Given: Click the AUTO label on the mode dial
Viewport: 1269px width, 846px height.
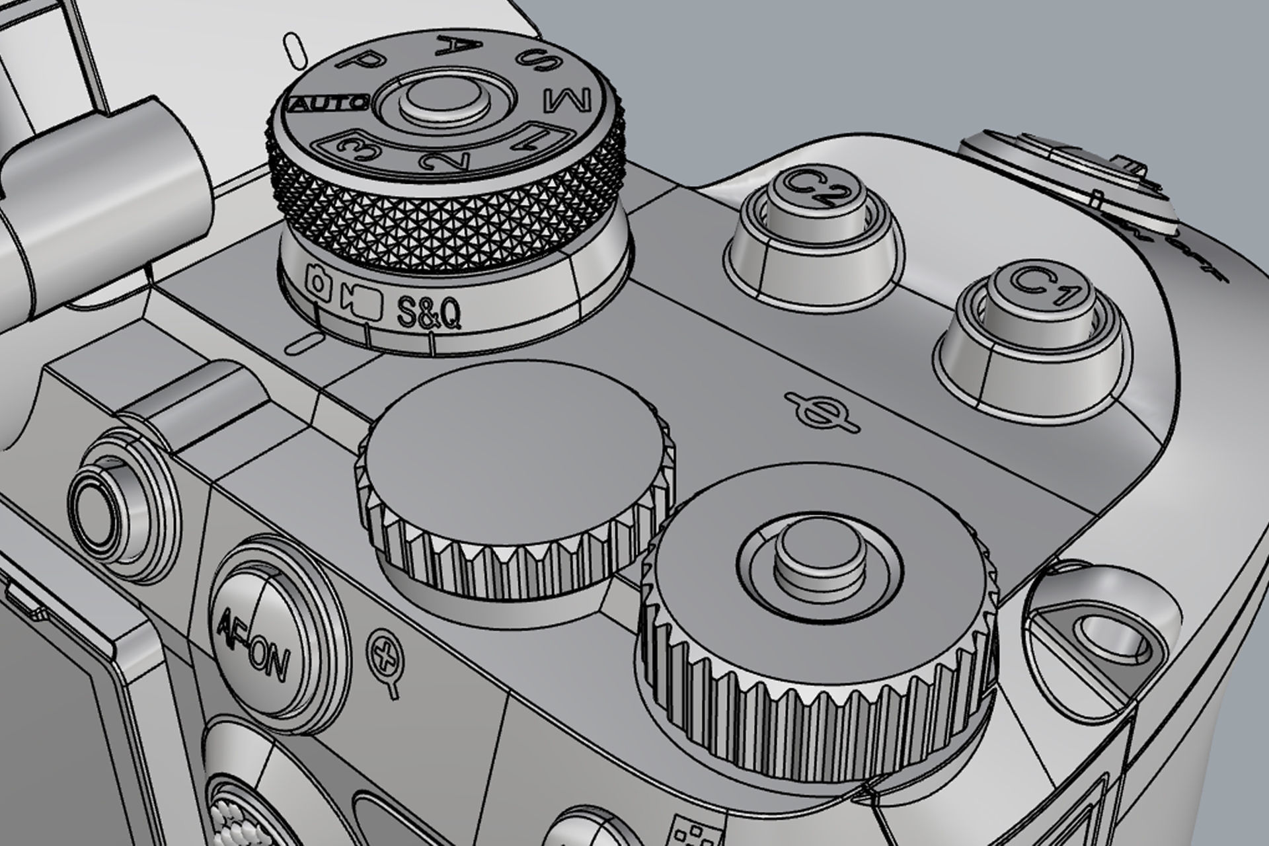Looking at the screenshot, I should pyautogui.click(x=329, y=104).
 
